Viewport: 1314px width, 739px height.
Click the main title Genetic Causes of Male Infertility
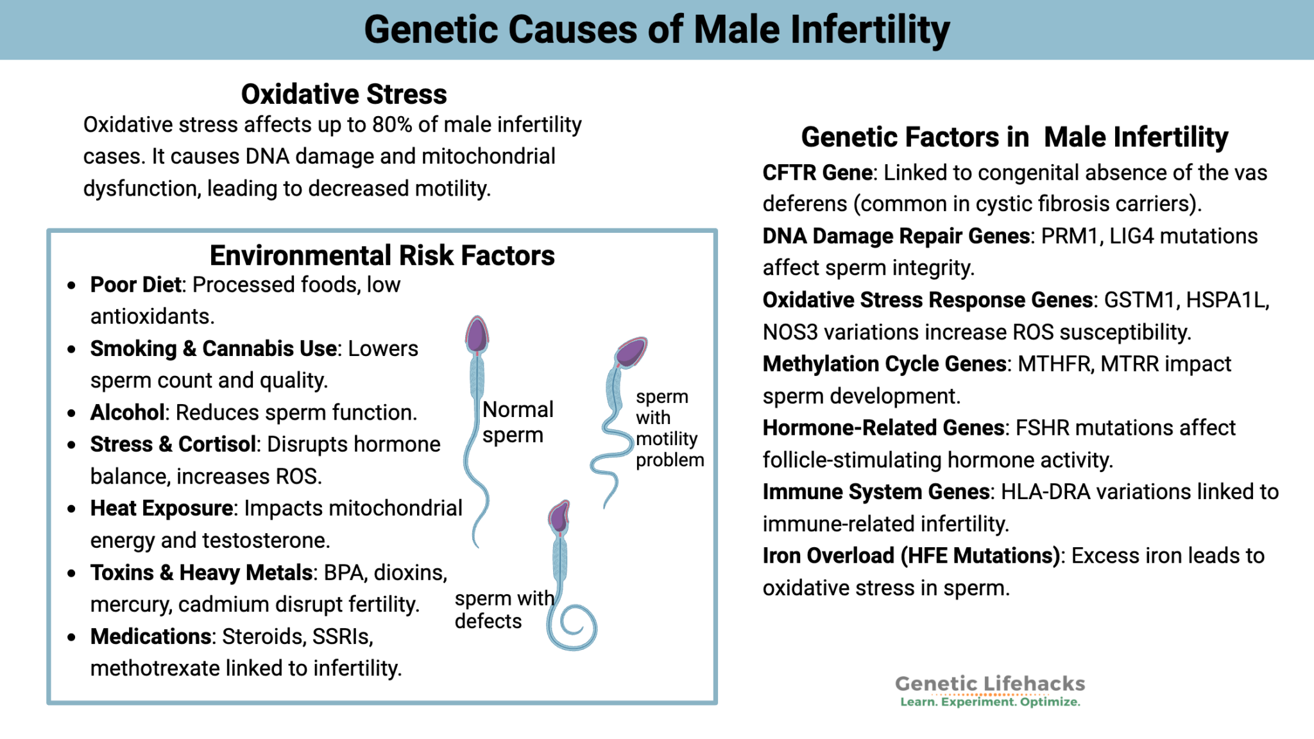point(656,30)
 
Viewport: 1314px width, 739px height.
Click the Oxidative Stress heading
point(344,94)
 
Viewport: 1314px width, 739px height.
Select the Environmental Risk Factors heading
point(382,255)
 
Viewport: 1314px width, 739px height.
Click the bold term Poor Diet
point(135,285)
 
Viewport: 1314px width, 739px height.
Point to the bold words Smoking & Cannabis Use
point(213,348)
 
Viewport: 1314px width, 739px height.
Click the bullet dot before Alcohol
point(72,413)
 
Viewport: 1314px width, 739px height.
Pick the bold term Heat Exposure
point(161,508)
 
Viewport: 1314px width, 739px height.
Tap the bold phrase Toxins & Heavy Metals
point(201,572)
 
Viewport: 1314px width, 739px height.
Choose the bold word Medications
point(151,636)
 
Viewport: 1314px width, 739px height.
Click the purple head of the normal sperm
point(477,334)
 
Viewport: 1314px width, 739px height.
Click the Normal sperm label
point(517,421)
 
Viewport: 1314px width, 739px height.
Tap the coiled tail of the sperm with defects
point(574,627)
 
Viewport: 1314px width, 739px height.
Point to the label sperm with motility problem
point(669,428)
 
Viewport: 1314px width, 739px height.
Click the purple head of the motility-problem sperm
point(631,352)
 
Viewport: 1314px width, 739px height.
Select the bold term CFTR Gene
point(817,173)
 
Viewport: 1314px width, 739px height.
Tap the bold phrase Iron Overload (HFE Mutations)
point(910,556)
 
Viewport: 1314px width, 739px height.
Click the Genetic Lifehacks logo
point(989,691)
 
